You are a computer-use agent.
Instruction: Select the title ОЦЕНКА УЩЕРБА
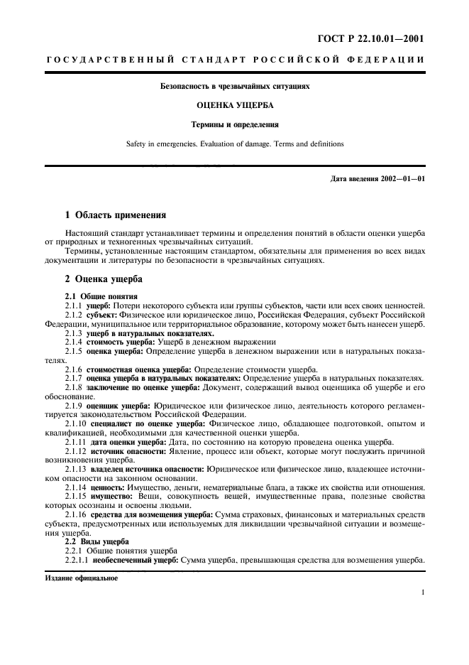[x=234, y=104]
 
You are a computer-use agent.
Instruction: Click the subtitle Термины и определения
[x=234, y=124]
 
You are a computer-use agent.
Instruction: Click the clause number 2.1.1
[x=74, y=304]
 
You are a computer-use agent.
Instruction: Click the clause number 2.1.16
[x=76, y=514]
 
